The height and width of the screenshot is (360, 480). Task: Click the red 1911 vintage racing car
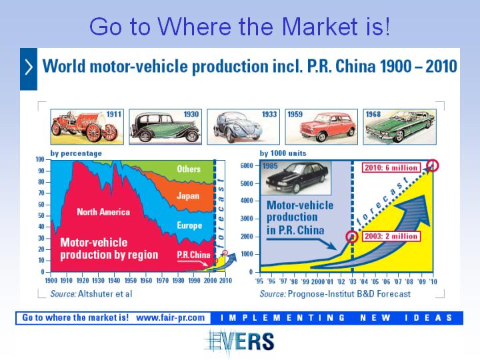coord(84,127)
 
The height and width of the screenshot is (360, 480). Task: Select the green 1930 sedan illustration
coord(165,127)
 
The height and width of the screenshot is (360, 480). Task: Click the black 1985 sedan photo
coord(296,177)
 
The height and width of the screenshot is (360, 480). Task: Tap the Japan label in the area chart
coord(188,196)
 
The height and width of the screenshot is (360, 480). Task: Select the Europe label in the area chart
coord(189,225)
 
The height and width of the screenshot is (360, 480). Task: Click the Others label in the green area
coord(189,169)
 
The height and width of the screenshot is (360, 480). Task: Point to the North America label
coord(103,212)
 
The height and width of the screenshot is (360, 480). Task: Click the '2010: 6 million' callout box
coord(391,168)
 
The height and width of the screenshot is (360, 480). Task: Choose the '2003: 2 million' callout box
coord(391,236)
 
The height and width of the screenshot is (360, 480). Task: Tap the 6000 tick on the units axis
coord(247,165)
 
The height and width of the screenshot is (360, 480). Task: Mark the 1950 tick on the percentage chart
coord(131,281)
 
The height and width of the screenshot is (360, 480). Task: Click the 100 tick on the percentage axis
coord(40,159)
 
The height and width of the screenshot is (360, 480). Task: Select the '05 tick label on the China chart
coord(375,281)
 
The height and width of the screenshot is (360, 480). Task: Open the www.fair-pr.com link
coord(170,318)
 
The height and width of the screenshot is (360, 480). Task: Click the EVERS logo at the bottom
coord(239,341)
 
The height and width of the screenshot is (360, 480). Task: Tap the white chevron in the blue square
coord(29,67)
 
